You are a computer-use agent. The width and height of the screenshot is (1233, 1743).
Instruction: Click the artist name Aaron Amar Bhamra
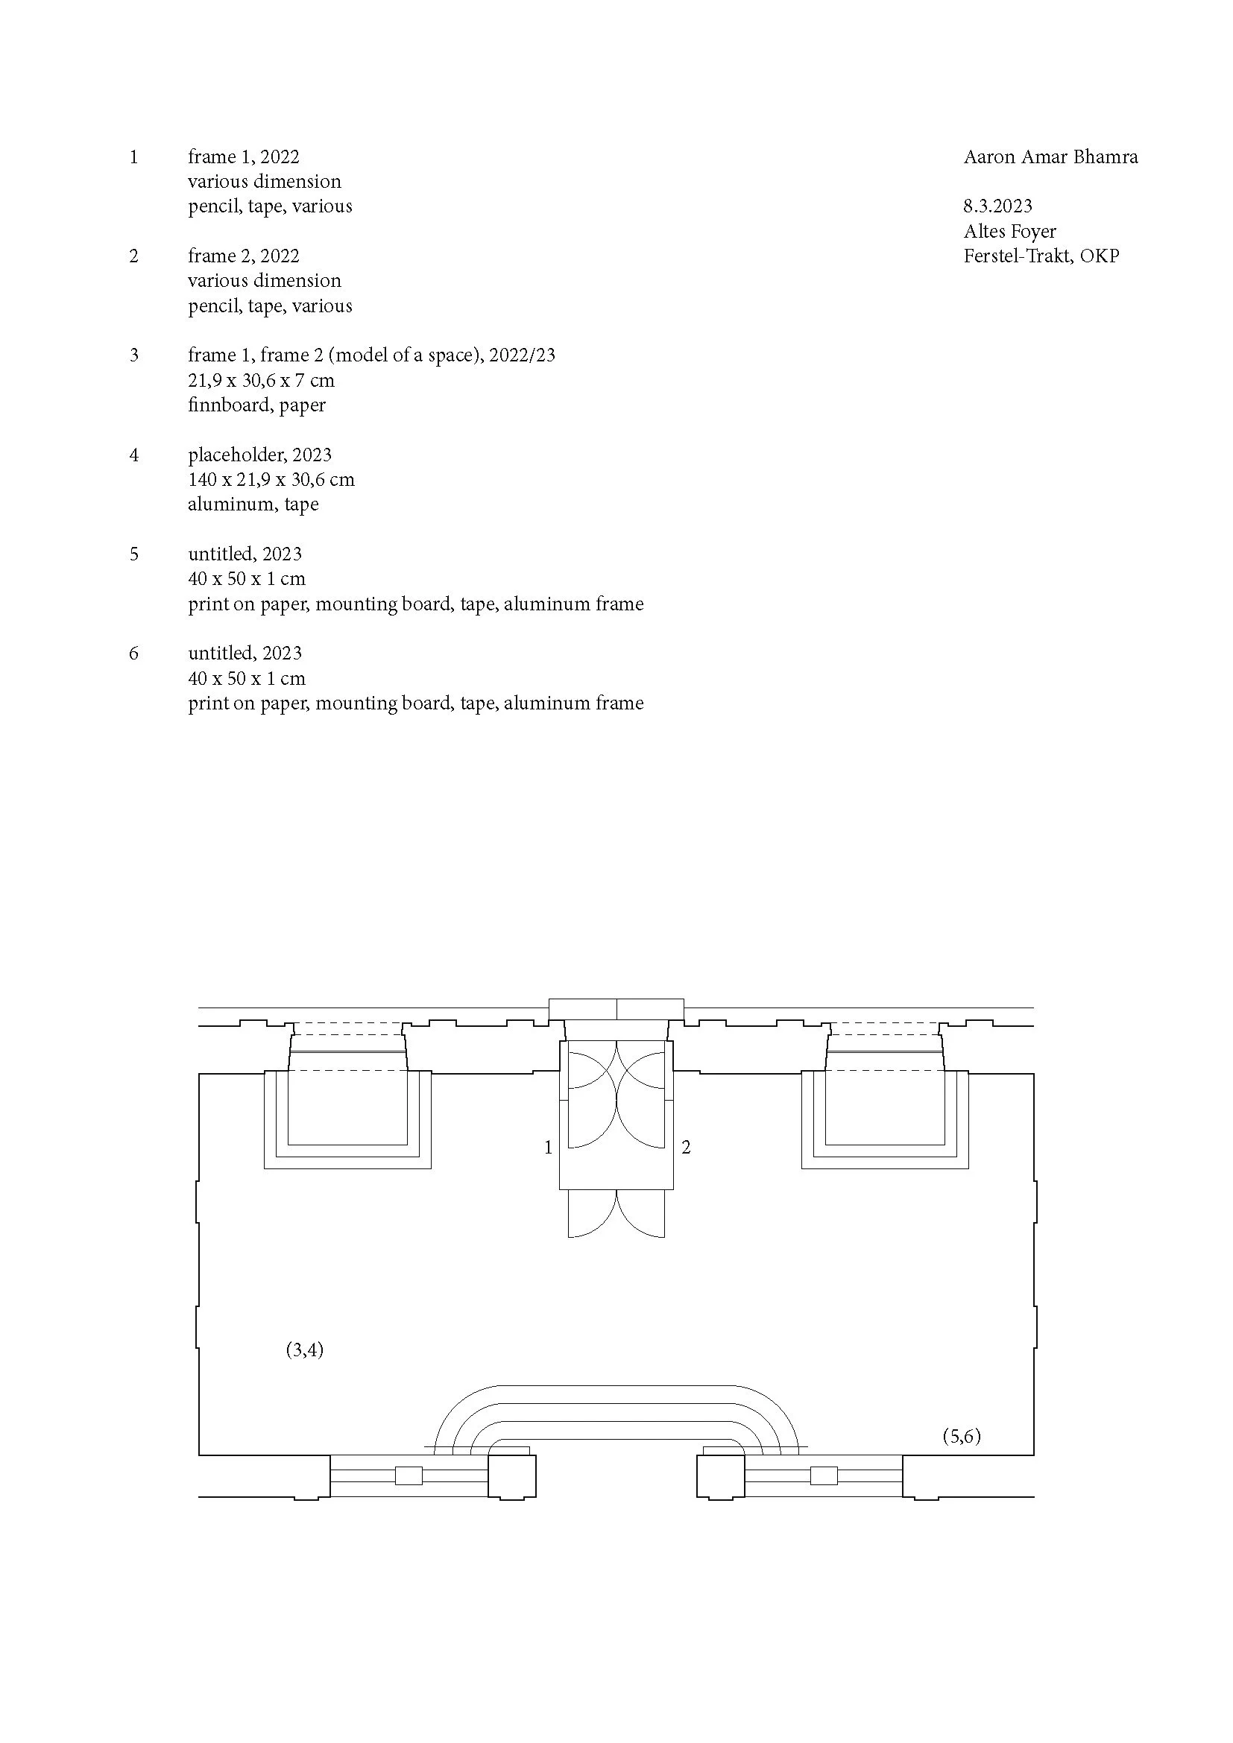click(1050, 157)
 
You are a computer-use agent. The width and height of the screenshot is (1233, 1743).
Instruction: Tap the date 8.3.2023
click(997, 206)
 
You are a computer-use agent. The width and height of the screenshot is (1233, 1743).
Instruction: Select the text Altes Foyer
click(1010, 231)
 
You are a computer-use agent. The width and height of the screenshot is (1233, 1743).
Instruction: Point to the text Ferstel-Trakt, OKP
click(1041, 256)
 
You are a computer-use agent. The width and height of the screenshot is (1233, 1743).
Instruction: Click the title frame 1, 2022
click(244, 157)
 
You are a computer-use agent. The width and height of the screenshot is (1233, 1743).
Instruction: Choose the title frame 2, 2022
click(244, 256)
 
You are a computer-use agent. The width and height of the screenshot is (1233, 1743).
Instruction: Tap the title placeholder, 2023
click(259, 455)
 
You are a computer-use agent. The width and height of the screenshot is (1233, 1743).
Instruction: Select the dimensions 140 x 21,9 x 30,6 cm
click(271, 480)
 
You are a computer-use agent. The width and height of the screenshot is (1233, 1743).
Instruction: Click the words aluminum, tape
click(253, 504)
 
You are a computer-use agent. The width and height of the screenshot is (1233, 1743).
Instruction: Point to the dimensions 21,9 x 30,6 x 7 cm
click(261, 380)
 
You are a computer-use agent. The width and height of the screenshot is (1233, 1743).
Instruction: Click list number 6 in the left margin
click(134, 654)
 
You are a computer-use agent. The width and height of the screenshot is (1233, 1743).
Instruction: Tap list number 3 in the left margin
click(134, 355)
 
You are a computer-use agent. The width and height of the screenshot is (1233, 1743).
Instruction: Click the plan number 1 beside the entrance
click(548, 1147)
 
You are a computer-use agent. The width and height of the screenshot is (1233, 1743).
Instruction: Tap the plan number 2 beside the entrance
click(686, 1147)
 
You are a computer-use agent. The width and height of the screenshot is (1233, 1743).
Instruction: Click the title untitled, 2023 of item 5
click(245, 554)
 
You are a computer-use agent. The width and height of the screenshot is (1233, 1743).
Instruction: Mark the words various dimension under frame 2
click(264, 281)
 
